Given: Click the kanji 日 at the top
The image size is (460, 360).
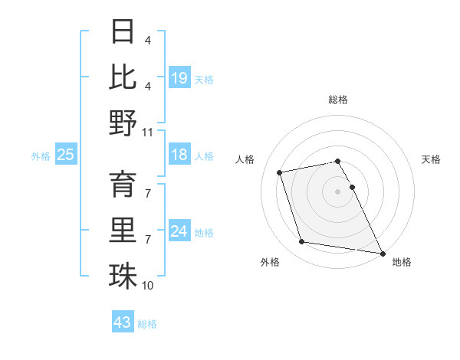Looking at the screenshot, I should [x=123, y=32].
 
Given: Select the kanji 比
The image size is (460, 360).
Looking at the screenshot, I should [x=123, y=77].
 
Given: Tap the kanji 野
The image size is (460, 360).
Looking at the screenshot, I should [x=123, y=123].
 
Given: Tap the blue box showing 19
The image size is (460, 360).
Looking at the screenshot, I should [x=179, y=77].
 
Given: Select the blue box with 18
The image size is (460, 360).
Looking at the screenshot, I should [x=179, y=155].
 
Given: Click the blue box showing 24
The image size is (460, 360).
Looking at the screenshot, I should [x=179, y=231].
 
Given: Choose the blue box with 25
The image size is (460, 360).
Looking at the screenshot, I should [x=66, y=155].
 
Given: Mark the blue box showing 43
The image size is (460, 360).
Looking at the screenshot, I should [x=123, y=322].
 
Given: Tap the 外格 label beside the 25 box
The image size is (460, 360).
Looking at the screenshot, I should [x=41, y=156].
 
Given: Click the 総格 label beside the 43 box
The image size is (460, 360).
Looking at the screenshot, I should [x=147, y=324].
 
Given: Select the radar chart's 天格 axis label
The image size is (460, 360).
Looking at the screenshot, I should [x=432, y=159].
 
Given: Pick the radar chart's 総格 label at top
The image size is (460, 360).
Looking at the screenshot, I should [x=338, y=100].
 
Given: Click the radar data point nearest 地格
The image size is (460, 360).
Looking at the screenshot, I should [x=382, y=253].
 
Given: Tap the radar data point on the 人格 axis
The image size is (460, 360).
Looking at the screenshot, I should [x=280, y=172].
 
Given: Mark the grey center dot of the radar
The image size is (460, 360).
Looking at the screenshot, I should [x=337, y=191].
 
